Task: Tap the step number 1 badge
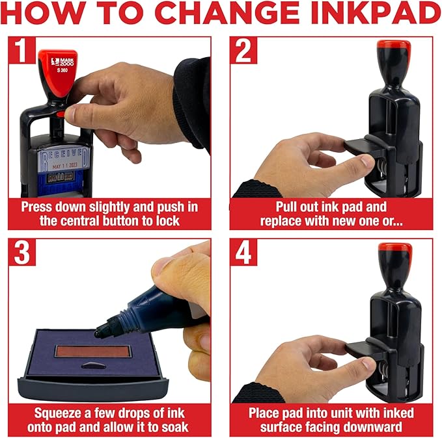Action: pos(22,51)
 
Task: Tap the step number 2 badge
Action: pos(243,51)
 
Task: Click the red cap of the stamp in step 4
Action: pos(394,249)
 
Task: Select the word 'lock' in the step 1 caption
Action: pos(165,221)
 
